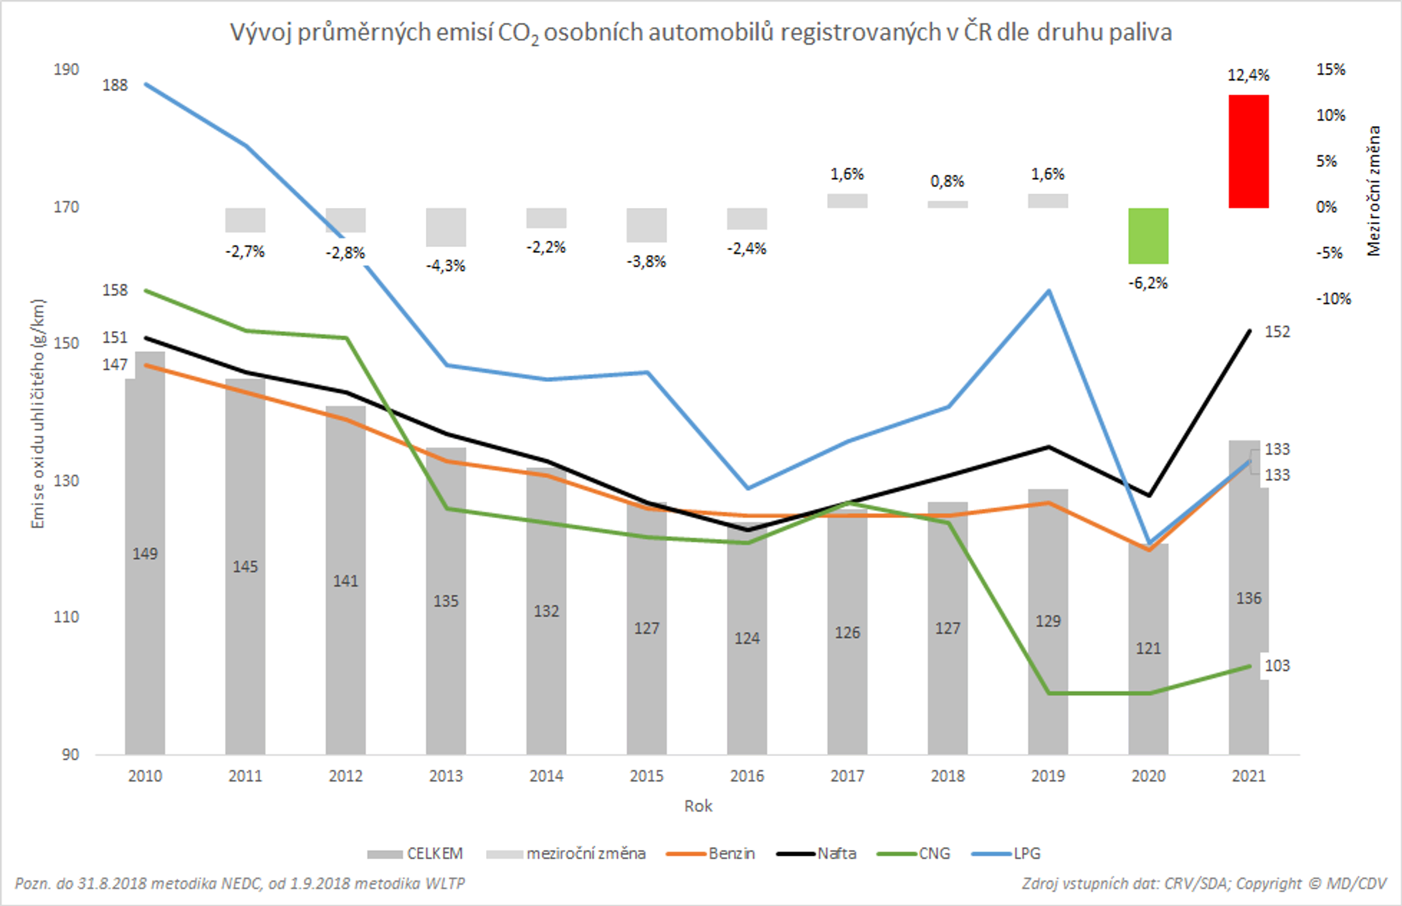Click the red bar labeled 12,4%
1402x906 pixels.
[1248, 151]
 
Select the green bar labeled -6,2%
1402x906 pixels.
[1148, 236]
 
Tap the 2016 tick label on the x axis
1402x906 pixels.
[747, 776]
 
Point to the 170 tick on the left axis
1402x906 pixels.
[66, 207]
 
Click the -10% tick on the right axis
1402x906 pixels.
[1333, 299]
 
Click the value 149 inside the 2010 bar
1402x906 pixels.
[145, 554]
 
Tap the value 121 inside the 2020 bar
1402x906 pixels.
[1148, 648]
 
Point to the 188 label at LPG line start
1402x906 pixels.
[114, 85]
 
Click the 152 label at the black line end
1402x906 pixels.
[1277, 332]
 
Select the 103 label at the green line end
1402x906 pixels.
[1277, 665]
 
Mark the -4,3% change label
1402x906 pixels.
[446, 266]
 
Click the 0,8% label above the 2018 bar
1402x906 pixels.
[947, 181]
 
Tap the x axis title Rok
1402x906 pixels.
[697, 806]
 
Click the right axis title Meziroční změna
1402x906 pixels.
[1374, 191]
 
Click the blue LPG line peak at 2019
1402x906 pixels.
[1049, 291]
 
